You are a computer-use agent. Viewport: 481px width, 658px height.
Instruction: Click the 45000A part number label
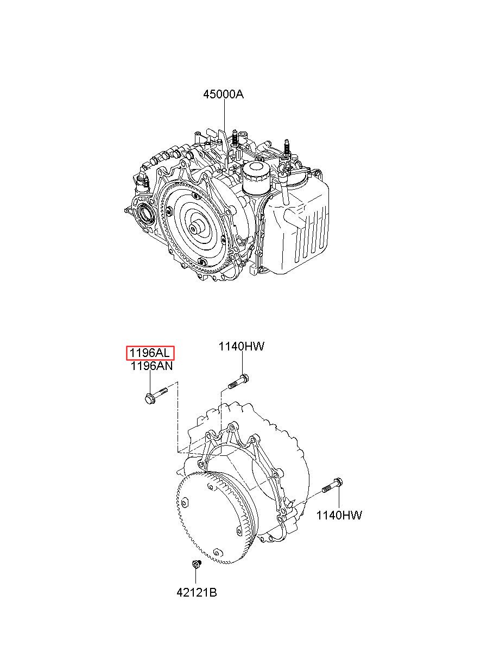coord(223,95)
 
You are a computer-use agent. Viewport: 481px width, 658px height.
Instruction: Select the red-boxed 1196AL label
coord(150,353)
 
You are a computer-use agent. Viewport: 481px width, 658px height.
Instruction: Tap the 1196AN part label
coord(151,366)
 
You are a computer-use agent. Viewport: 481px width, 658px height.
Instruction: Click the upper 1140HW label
coord(241,346)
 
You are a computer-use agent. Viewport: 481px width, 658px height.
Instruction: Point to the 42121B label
coord(197,592)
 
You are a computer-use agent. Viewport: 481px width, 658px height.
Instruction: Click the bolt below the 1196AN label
coord(156,395)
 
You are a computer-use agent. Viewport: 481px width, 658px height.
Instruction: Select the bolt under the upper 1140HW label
coord(238,381)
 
